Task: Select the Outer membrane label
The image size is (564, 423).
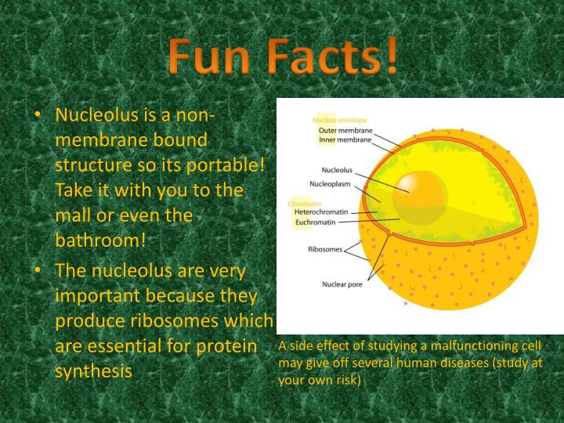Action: coord(345,130)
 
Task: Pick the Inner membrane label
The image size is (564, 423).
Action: coord(345,139)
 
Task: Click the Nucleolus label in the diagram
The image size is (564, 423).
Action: coord(338,169)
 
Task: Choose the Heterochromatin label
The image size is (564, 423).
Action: coord(322,211)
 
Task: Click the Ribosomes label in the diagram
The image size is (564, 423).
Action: coord(324,250)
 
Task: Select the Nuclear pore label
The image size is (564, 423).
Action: coord(341,284)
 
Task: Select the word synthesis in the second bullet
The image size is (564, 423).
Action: coord(93,371)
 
